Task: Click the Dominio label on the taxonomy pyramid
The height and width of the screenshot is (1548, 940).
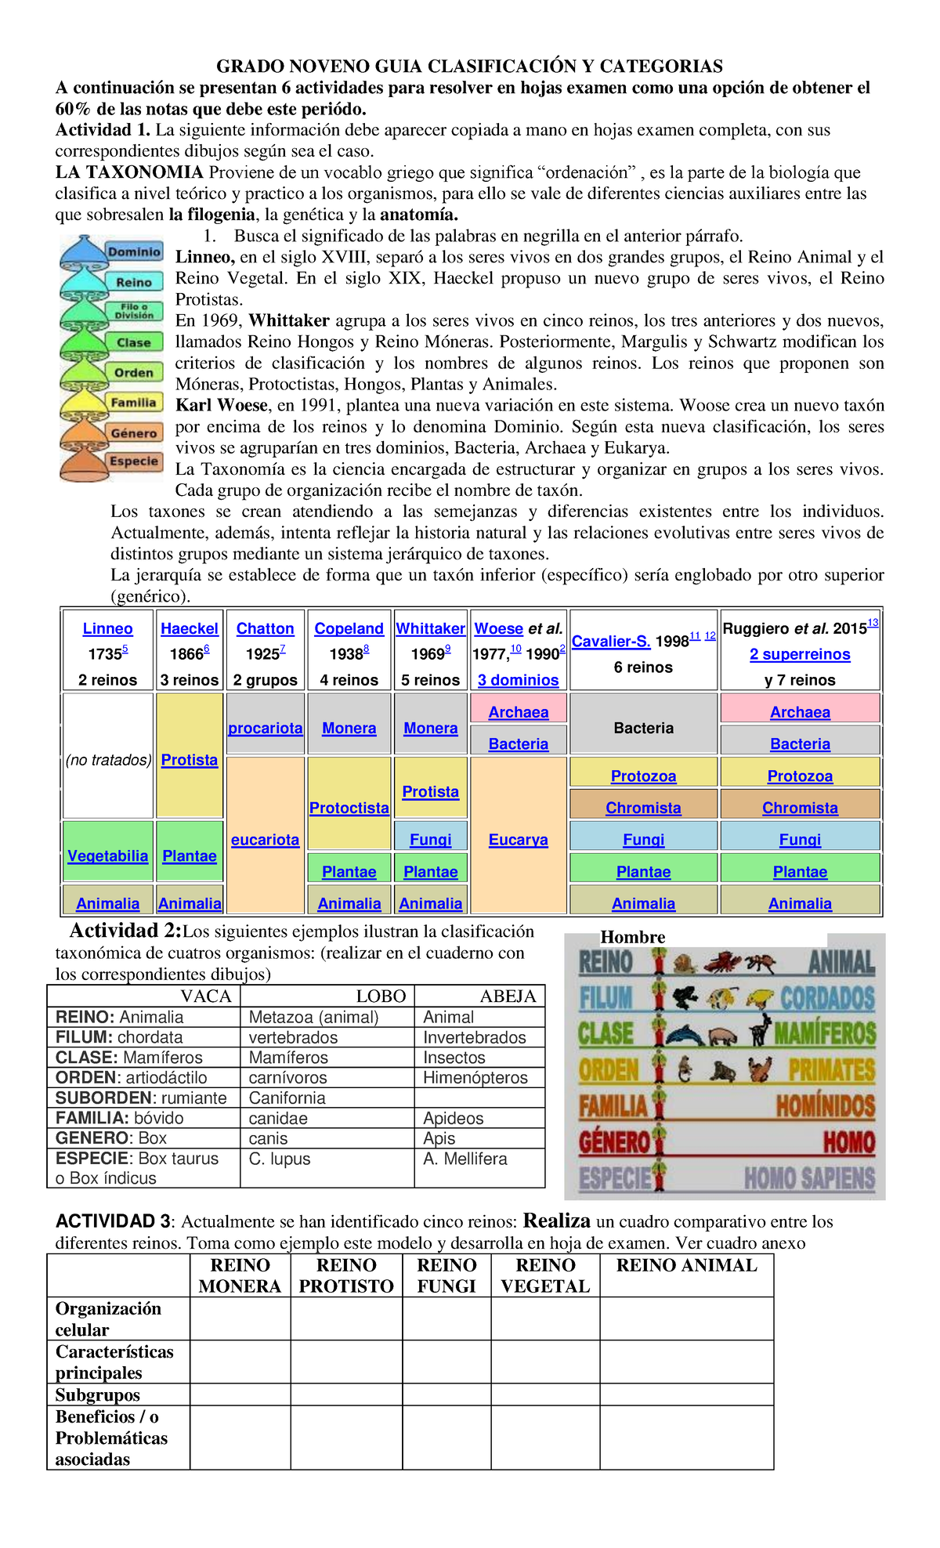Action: coord(134,252)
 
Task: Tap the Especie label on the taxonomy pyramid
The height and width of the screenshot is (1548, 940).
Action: coord(134,461)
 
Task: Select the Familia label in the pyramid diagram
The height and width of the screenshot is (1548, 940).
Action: coord(134,403)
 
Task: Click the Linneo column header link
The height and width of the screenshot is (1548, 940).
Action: coord(107,628)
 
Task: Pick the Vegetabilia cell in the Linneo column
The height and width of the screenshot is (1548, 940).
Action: coord(107,855)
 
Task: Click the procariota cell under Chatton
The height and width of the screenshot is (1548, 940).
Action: coord(265,728)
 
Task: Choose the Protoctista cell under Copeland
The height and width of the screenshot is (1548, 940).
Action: coord(349,808)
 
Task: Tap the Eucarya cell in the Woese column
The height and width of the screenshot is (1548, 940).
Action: coord(518,840)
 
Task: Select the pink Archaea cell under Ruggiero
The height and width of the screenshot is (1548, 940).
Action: coord(800,712)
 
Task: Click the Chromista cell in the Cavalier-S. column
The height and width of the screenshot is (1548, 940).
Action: coord(643,808)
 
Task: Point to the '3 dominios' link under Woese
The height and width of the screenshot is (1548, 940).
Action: coord(518,680)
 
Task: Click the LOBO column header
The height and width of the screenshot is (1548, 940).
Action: coord(381,996)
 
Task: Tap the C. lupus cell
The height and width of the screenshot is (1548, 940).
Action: coord(280,1159)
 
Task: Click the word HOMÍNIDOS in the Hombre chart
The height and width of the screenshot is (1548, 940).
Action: coord(825,1106)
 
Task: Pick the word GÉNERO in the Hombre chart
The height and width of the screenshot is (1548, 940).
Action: coord(614,1142)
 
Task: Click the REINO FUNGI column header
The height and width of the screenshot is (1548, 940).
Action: coord(446,1275)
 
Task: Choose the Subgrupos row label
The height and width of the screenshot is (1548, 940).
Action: coord(98,1394)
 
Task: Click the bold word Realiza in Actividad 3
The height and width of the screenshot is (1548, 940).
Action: coord(556,1221)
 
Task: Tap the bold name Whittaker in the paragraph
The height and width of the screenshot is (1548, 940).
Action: coord(289,320)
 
